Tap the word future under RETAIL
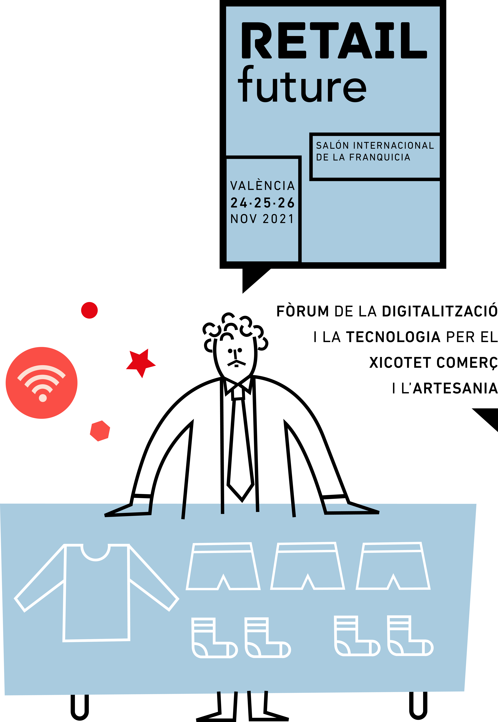click(x=302, y=86)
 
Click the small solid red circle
click(x=89, y=310)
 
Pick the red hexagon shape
click(x=100, y=431)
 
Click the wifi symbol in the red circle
click(x=42, y=382)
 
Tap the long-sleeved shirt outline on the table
click(x=96, y=590)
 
